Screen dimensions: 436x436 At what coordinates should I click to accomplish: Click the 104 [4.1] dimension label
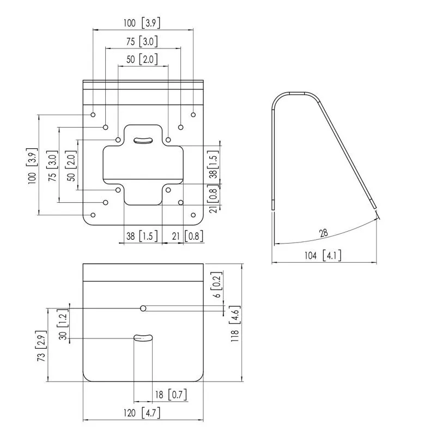point(323,255)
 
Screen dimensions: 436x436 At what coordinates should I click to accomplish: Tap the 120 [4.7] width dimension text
point(142,413)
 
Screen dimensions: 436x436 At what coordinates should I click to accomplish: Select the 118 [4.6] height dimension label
point(235,324)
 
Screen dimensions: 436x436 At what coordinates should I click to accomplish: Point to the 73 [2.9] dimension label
point(41,346)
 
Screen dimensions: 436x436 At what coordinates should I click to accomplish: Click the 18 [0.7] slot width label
point(171,395)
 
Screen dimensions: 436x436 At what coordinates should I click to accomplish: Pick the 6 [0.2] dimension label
point(217,284)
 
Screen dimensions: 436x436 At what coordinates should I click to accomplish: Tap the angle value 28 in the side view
point(324,233)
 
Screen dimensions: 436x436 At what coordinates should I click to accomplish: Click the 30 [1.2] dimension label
point(63,324)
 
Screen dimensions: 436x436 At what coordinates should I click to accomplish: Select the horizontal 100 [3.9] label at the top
point(142,23)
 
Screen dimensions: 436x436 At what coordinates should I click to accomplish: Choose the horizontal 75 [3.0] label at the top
point(142,41)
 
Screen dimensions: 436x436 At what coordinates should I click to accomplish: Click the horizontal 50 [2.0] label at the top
point(142,59)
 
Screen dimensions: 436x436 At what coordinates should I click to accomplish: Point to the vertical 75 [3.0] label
point(53,166)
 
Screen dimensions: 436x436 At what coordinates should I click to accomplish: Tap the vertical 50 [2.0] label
point(71,166)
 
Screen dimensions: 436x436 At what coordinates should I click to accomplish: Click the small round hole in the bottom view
point(143,308)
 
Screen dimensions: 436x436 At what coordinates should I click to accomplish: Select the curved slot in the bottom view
point(143,337)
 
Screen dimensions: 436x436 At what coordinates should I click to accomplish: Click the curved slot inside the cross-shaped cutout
point(143,141)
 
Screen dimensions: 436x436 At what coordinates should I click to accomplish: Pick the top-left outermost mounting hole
point(93,114)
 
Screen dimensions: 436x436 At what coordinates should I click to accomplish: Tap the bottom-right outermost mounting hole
point(193,215)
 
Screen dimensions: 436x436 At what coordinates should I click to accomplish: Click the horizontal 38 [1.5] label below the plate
point(142,236)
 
